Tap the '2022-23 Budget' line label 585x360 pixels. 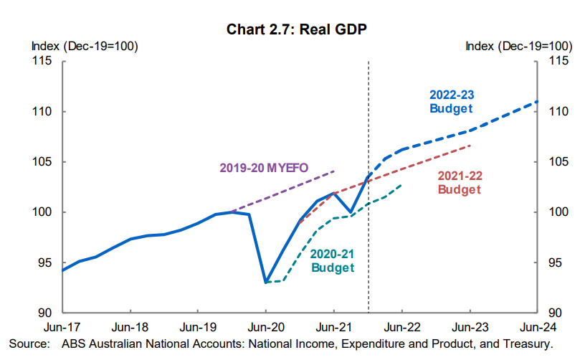tap(452, 102)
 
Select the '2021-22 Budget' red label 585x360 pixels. tap(459, 183)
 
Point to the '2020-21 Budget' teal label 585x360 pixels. tap(333, 261)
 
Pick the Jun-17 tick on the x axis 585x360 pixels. tap(62, 327)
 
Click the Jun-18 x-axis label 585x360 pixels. tap(130, 327)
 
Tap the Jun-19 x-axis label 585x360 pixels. tap(199, 327)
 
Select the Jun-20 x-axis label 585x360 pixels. tap(266, 327)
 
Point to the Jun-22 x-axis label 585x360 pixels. tap(401, 327)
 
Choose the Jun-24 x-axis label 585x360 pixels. tap(537, 327)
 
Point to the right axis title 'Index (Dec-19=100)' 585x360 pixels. tap(518, 47)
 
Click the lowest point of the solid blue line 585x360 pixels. tap(266, 282)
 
